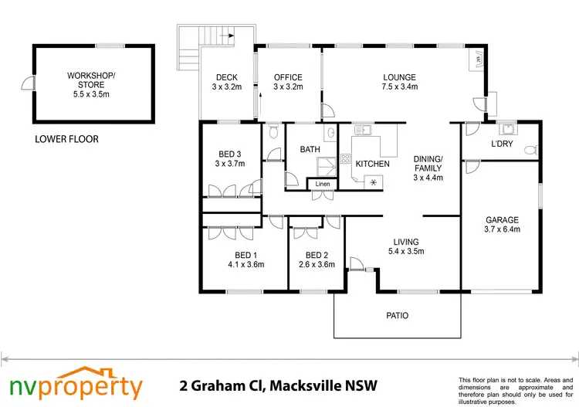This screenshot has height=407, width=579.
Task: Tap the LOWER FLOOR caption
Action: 66,140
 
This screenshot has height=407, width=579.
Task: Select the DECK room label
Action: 228,82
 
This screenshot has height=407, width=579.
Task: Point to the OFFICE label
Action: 288,82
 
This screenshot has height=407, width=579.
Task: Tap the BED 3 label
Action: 229,158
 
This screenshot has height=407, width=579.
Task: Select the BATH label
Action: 310,149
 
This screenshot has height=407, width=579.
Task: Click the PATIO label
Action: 398,315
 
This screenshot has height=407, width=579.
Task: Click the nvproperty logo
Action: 76,383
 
